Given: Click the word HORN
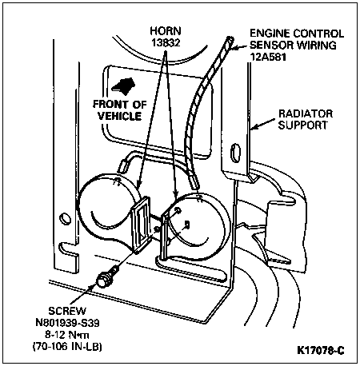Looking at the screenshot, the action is pyautogui.click(x=166, y=31).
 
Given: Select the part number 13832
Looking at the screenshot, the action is pyautogui.click(x=166, y=42).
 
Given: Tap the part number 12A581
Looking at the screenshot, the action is pyautogui.click(x=268, y=57).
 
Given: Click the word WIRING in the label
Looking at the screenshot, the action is pyautogui.click(x=317, y=45).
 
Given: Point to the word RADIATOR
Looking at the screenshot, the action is pyautogui.click(x=306, y=113).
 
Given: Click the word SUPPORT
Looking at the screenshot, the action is pyautogui.click(x=303, y=125).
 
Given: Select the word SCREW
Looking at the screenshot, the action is pyautogui.click(x=67, y=311).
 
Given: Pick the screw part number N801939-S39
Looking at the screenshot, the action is pyautogui.click(x=67, y=323).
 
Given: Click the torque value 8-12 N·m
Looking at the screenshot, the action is pyautogui.click(x=67, y=335).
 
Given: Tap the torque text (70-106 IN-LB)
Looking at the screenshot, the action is pyautogui.click(x=67, y=347).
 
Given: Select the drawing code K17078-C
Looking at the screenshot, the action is pyautogui.click(x=321, y=350).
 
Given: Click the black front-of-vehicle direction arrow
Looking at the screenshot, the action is pyautogui.click(x=123, y=86).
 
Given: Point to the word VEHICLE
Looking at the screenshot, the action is pyautogui.click(x=120, y=116).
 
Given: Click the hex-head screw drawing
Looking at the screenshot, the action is pyautogui.click(x=107, y=278).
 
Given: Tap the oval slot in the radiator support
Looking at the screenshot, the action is pyautogui.click(x=235, y=153).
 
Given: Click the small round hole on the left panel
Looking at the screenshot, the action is pyautogui.click(x=65, y=219).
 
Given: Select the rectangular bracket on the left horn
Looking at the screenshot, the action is pyautogui.click(x=142, y=225).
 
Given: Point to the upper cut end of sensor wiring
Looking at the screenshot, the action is pyautogui.click(x=230, y=40).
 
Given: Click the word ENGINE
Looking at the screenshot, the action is pyautogui.click(x=270, y=34).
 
